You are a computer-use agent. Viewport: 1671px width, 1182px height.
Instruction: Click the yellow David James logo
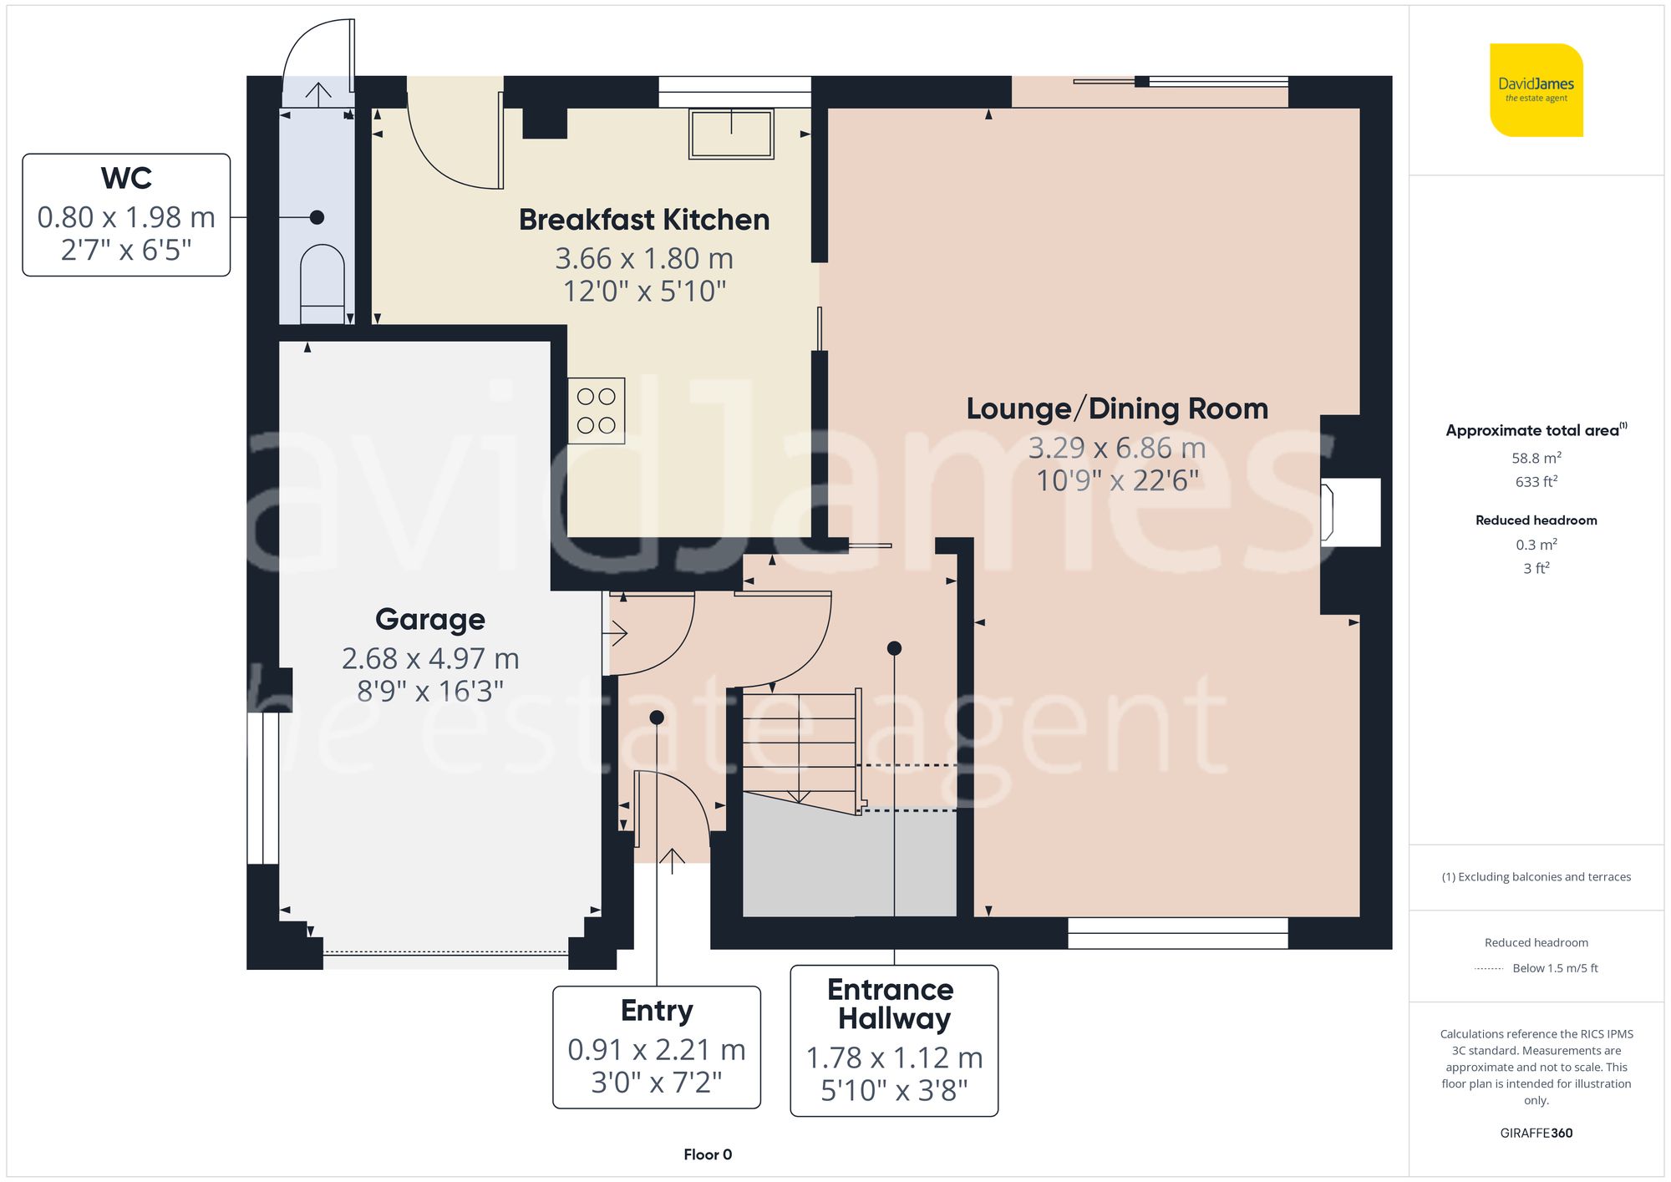[x=1536, y=90]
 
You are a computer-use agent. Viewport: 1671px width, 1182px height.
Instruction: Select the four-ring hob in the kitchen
[x=597, y=410]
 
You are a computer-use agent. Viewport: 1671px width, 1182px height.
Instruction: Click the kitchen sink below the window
[x=731, y=134]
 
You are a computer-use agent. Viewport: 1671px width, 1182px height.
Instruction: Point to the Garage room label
[x=430, y=620]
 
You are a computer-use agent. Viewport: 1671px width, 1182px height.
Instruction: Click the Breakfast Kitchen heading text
[x=644, y=220]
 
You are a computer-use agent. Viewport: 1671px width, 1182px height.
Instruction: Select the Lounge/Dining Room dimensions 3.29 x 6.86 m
[x=1116, y=449]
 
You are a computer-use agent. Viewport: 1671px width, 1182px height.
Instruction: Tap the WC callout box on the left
[x=126, y=215]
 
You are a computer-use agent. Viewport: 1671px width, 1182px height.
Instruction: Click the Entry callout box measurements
[x=657, y=1066]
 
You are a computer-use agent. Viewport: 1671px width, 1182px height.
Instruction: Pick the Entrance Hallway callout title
[x=891, y=1004]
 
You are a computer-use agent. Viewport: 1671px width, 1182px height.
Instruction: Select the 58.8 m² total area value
[x=1536, y=458]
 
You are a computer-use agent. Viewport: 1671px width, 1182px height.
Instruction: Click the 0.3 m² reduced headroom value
[x=1536, y=545]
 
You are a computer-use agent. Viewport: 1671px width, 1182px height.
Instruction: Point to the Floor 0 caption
[x=708, y=1154]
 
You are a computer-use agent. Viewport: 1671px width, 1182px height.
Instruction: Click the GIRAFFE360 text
[x=1536, y=1134]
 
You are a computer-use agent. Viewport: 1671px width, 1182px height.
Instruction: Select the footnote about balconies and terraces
[x=1536, y=877]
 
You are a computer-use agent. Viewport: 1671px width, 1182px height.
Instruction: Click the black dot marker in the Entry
[x=657, y=718]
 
